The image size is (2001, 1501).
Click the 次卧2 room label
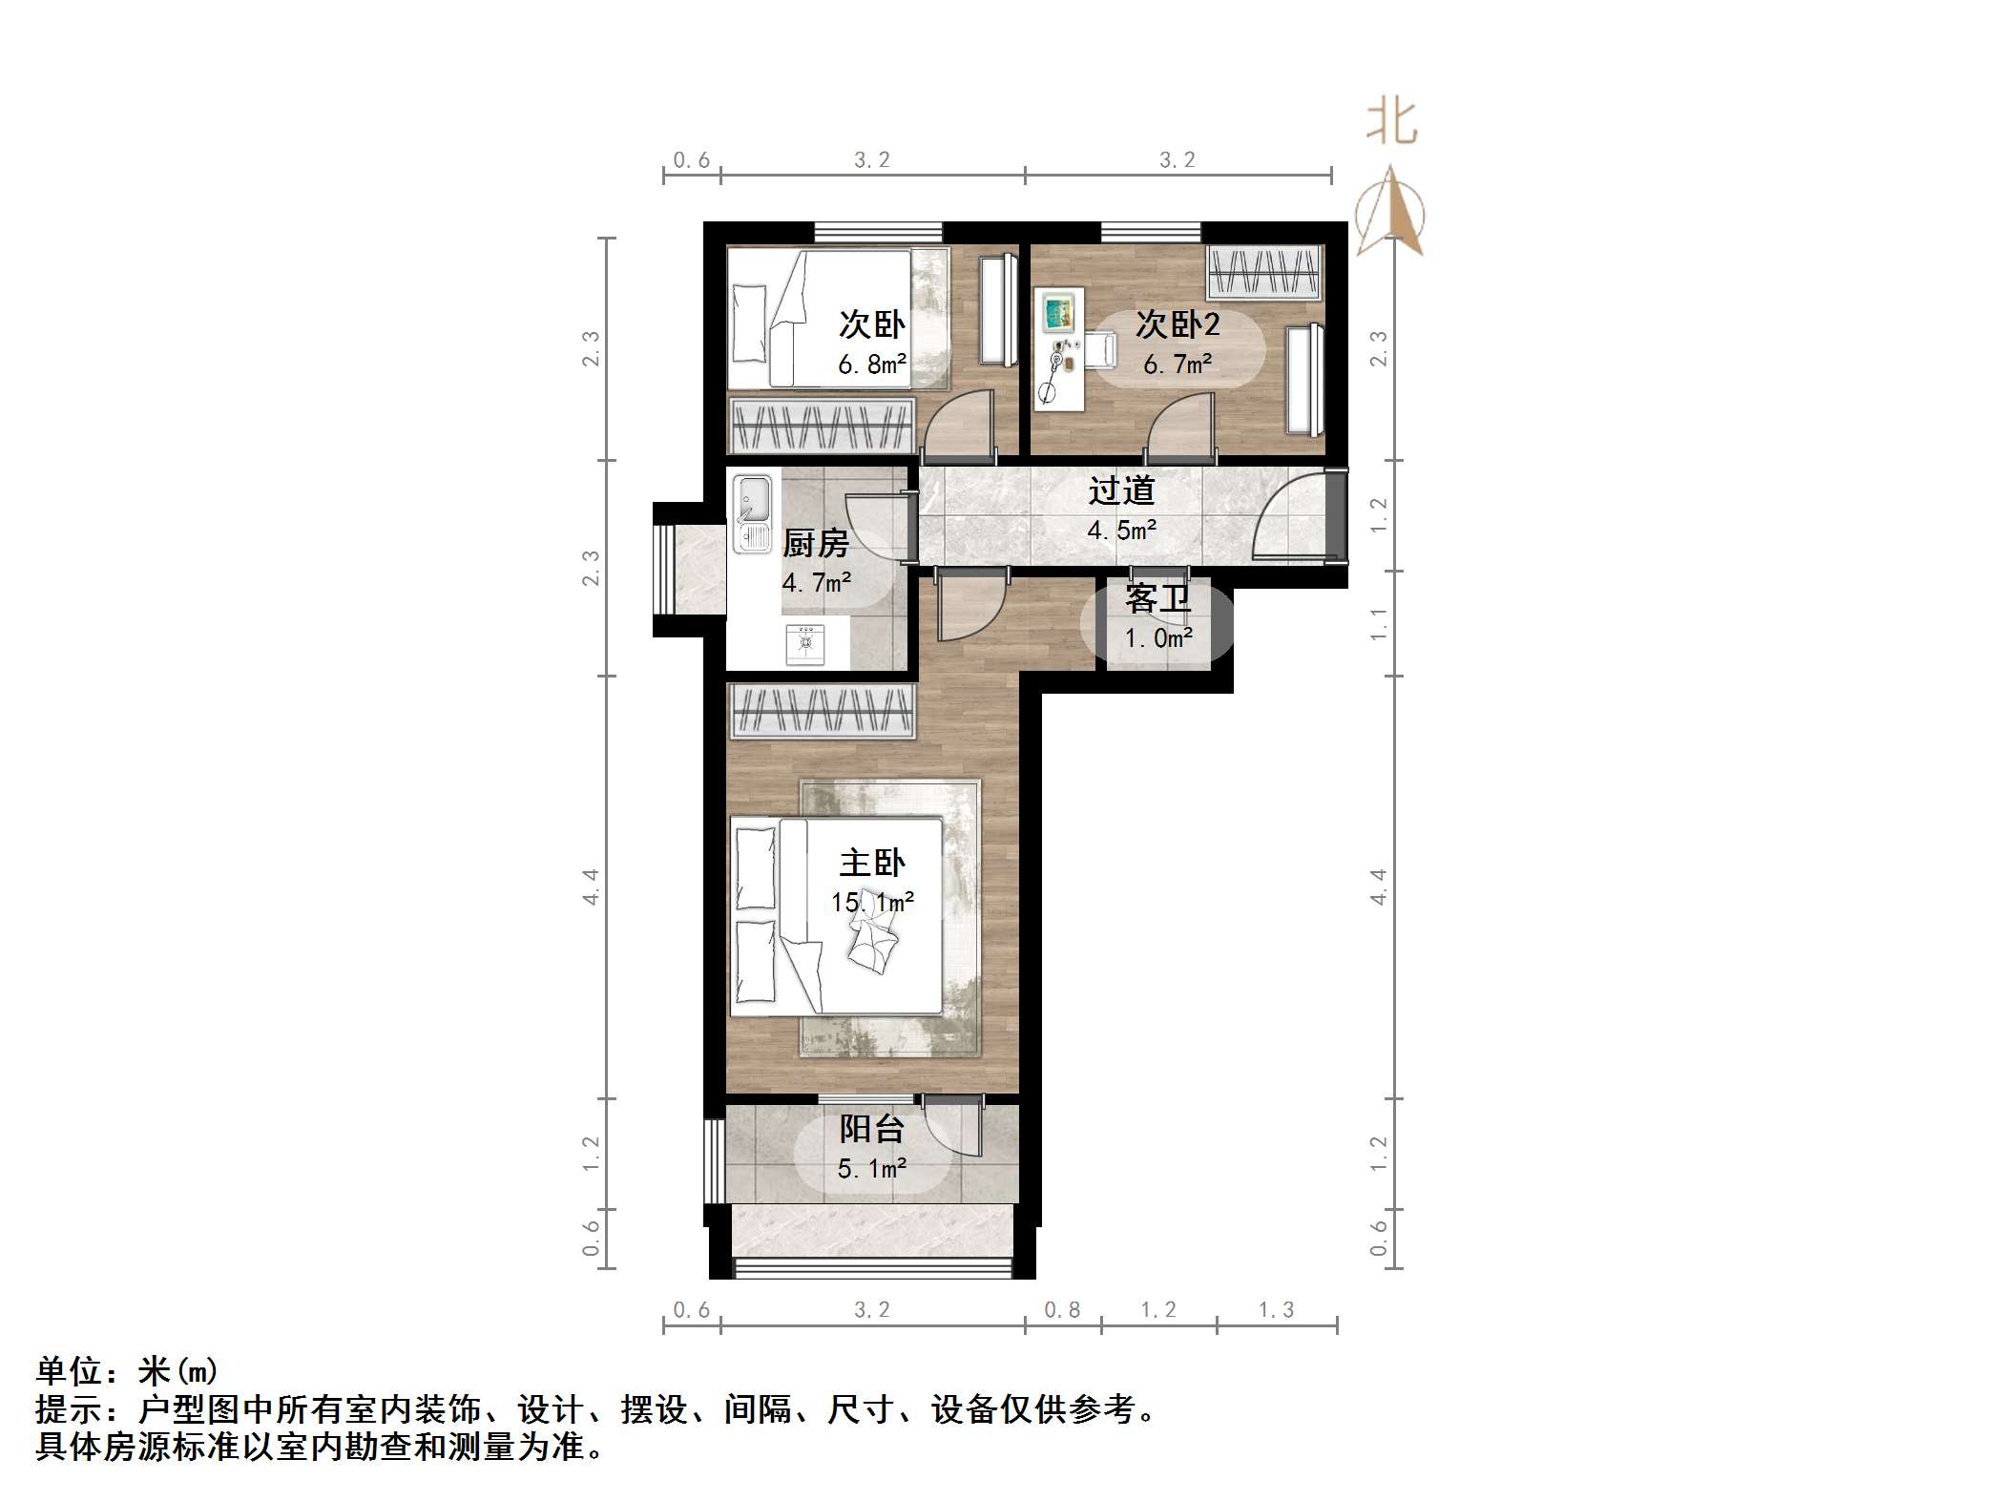pos(1177,325)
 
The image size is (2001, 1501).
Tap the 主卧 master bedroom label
pos(871,863)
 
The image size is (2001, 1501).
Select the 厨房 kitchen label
pos(815,544)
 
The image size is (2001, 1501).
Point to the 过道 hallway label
pos(1121,490)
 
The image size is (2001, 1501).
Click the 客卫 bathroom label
pos(1157,599)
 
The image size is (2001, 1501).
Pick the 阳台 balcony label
pos(871,1129)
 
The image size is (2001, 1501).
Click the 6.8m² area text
pos(871,365)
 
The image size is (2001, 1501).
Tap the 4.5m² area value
pos(1121,530)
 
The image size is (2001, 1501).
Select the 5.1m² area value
pos(871,1168)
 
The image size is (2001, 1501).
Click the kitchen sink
pos(752,515)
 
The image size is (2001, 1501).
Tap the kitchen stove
pos(807,643)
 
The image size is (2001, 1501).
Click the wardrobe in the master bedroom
pos(821,711)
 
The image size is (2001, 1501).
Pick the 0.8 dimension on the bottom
pos(1062,1310)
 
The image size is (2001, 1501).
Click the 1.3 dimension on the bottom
pos(1276,1310)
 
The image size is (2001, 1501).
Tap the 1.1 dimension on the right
pos(1378,625)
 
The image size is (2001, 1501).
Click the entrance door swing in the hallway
pos(1288,520)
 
